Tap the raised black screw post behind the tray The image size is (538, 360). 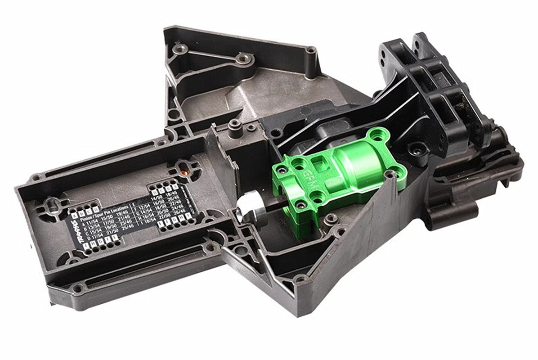tap(234, 128)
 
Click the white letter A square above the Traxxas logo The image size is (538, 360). tap(74, 215)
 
